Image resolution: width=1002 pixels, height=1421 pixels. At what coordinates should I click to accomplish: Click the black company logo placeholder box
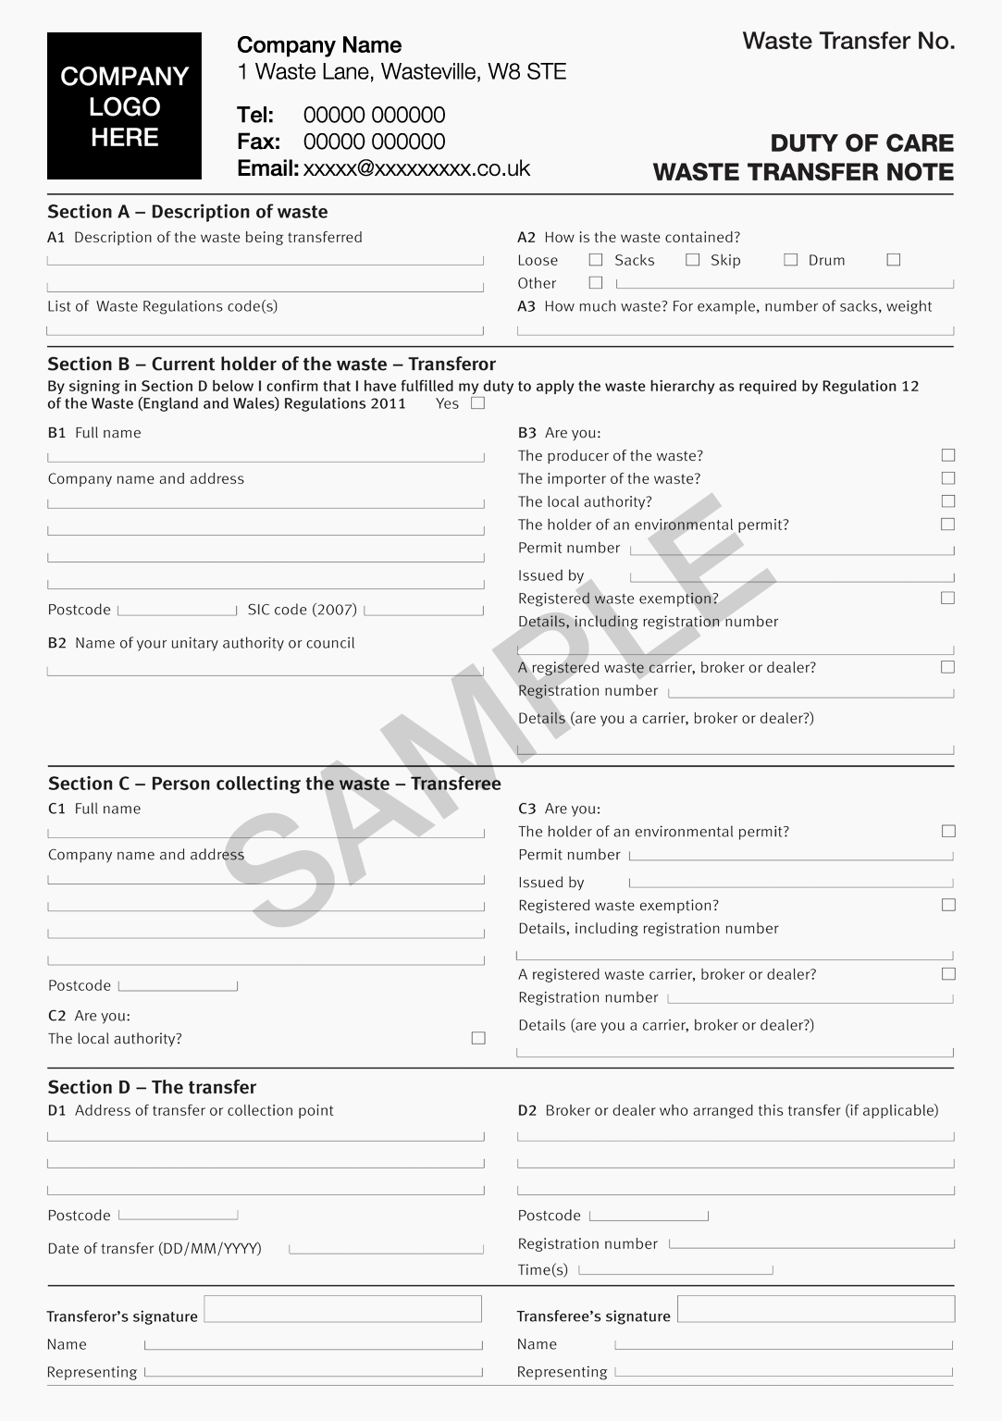coord(124,105)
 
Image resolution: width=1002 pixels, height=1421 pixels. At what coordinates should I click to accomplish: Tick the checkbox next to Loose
coord(596,260)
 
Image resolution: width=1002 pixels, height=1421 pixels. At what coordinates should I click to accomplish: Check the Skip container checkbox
coord(790,260)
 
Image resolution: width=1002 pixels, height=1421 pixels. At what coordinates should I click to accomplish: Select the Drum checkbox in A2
coord(893,260)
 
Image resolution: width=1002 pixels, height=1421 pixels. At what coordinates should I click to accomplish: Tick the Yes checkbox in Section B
coord(477,402)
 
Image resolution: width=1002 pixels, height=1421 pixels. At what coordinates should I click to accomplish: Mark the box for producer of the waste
coord(947,455)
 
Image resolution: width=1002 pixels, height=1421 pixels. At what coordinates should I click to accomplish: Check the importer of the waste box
coord(947,478)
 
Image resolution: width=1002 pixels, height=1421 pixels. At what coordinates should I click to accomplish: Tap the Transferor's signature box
coord(342,1308)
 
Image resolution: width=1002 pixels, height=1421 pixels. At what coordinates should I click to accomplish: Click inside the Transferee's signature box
coord(815,1308)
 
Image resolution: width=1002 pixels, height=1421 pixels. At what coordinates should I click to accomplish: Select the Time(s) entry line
coord(675,1270)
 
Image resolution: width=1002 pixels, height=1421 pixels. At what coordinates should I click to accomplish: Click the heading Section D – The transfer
coord(152,1087)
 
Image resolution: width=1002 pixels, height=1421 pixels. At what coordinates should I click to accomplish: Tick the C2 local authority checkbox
coord(478,1038)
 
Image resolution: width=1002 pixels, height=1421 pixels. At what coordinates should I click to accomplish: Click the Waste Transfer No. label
coord(847,41)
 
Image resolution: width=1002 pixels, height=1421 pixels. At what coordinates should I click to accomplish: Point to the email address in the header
coord(416,168)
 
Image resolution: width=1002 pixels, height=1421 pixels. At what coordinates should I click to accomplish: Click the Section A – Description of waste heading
coord(188,212)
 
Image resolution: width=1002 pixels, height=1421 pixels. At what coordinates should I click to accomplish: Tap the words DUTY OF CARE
coord(861,143)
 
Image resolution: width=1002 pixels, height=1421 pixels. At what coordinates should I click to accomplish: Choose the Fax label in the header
coord(258,142)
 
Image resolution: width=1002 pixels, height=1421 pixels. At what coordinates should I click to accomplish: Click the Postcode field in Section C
coord(178,985)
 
